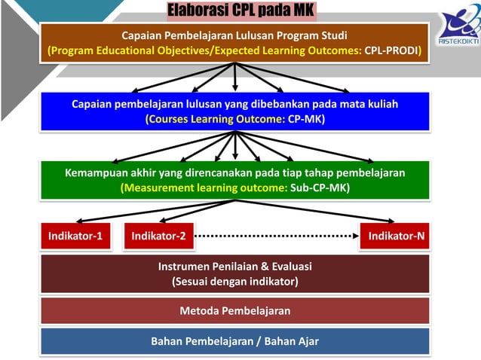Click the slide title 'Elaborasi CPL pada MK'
click(x=239, y=11)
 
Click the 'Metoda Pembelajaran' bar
click(x=235, y=310)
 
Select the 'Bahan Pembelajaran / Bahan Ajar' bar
click(x=235, y=341)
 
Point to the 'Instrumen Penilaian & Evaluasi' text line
click(x=235, y=267)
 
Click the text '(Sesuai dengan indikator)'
click(x=235, y=282)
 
